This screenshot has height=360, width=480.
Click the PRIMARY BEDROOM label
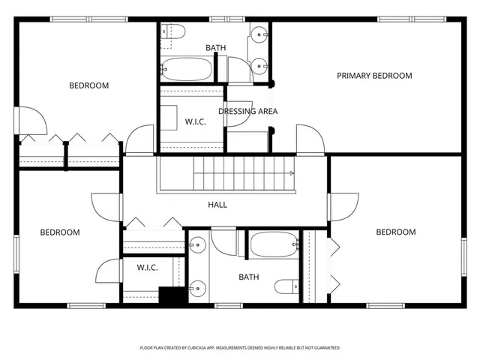[x=374, y=76]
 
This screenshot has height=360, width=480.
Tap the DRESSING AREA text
[x=247, y=112]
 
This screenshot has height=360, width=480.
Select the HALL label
[x=217, y=205]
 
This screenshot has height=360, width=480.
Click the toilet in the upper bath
[x=173, y=32]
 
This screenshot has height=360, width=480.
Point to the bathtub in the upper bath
[x=187, y=69]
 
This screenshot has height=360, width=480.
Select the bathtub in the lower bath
[x=274, y=244]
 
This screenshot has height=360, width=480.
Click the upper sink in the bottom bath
[x=196, y=244]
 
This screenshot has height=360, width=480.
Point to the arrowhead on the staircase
[x=292, y=173]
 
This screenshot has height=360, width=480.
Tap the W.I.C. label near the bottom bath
[x=147, y=268]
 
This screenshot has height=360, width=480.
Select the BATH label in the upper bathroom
[x=216, y=48]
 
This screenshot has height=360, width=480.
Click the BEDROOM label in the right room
[x=395, y=232]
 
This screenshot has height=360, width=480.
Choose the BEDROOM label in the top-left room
[x=88, y=85]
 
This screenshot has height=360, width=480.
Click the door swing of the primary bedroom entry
[x=310, y=139]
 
